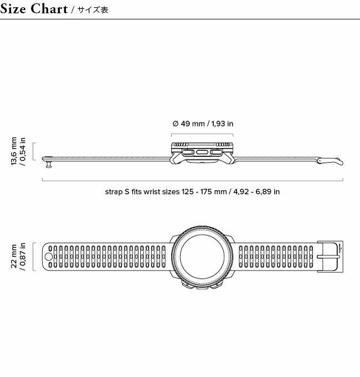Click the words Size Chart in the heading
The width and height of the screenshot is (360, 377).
[34, 9]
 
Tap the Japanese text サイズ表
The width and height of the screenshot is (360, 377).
[93, 9]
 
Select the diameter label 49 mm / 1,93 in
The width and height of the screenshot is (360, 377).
[203, 124]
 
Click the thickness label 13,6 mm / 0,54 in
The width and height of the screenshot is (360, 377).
[18, 151]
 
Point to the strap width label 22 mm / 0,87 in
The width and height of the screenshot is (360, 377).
[18, 257]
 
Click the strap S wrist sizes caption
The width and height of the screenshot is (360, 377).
[192, 192]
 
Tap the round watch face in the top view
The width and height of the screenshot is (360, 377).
[202, 256]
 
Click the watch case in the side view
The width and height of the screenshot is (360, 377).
[202, 153]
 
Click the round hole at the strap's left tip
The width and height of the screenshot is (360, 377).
[49, 257]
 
